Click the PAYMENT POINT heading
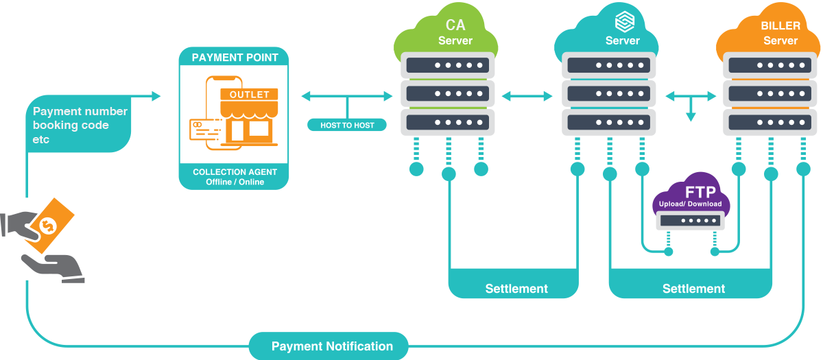pos(235,58)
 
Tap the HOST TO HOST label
pos(346,125)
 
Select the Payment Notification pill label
pos(332,346)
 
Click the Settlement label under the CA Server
pos(516,289)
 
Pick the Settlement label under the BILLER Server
pos(693,289)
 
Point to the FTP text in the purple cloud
pos(690,192)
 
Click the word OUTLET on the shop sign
pos(249,94)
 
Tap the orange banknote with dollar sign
pos(48,225)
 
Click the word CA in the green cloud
pos(455,26)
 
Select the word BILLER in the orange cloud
pos(780,26)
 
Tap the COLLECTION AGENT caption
pos(235,171)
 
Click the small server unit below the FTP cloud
pos(690,221)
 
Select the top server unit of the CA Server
pos(448,66)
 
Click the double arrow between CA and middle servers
pos(528,97)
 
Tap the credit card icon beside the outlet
pos(204,128)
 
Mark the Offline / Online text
pos(235,182)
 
